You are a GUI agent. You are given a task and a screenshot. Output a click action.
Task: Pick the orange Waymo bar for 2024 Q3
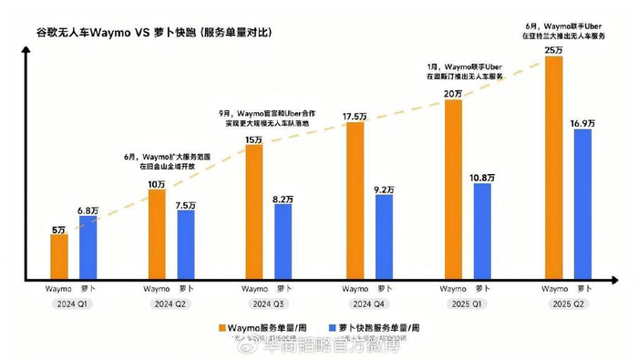point(255,211)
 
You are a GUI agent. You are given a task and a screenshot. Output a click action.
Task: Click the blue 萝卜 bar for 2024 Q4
point(384,236)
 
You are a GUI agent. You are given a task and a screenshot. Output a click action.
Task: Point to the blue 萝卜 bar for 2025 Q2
point(581,202)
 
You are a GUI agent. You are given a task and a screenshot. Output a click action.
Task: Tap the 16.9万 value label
point(581,121)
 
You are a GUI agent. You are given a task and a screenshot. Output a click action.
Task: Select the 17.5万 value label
point(355,115)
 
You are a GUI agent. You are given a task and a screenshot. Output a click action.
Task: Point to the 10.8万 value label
point(482,176)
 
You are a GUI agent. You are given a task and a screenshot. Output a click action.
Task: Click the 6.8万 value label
point(87,211)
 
